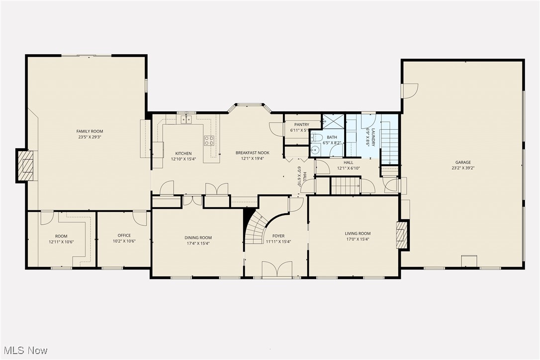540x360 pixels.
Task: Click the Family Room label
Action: click(90, 131)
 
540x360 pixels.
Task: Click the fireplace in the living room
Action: click(401, 235)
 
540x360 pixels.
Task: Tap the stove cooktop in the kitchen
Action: click(209, 140)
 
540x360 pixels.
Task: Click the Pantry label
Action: click(301, 125)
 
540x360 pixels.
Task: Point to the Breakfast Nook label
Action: click(252, 153)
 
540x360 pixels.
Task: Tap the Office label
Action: click(124, 235)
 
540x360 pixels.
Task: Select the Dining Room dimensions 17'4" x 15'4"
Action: click(198, 244)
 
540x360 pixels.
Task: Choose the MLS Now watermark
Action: click(24, 350)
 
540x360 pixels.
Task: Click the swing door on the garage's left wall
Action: click(410, 90)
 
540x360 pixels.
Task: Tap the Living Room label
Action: click(358, 233)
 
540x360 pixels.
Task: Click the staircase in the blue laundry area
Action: click(390, 146)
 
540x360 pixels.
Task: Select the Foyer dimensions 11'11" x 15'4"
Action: click(278, 242)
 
